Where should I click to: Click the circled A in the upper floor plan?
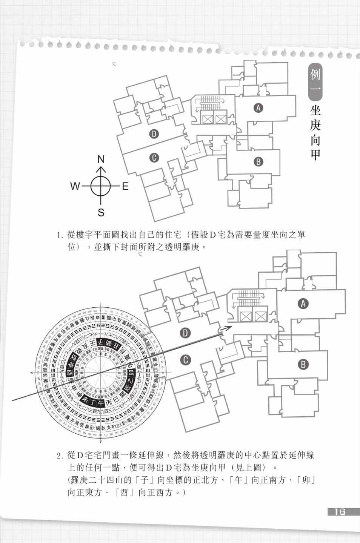pos(258,108)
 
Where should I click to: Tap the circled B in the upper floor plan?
pos(258,161)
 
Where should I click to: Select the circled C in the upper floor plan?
pos(154,158)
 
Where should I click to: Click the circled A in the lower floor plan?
pos(303,304)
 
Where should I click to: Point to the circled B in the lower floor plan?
pos(303,364)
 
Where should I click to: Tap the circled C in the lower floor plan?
pos(185,360)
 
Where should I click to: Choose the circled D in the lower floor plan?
pos(185,333)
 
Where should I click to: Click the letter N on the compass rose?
pos(101,159)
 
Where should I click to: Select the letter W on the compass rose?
pos(75,186)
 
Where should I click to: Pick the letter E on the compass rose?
pos(125,186)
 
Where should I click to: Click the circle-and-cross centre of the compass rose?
pos(101,186)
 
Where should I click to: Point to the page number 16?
pos(339,512)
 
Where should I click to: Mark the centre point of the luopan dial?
pos(101,373)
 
